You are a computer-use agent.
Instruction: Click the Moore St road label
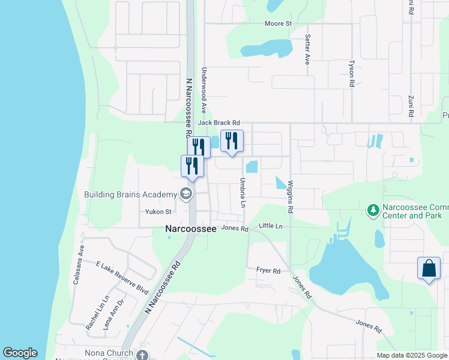[278, 23]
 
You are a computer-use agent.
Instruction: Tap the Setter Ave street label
[307, 49]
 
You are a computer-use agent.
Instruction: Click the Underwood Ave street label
[204, 91]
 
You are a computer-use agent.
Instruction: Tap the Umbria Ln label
[244, 193]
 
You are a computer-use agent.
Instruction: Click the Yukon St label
[158, 212]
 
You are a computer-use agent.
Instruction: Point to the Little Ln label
[270, 226]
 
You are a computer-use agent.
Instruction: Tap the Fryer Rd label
[268, 271]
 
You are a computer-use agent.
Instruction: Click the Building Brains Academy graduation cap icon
[185, 194]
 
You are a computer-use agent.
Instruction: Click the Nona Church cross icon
[142, 355]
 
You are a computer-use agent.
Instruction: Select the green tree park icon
[373, 209]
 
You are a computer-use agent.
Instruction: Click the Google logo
[20, 353]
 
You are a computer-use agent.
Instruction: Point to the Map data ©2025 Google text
[411, 355]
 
